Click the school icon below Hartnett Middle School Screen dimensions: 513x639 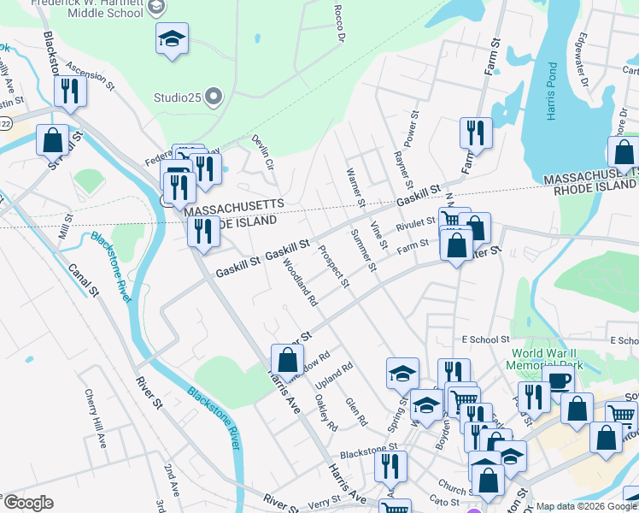point(173,38)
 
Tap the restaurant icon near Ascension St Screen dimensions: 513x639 point(70,91)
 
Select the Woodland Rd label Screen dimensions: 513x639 point(300,284)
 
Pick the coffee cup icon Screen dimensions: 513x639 point(558,381)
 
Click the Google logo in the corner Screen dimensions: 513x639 point(28,503)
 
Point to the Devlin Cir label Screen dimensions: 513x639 point(262,151)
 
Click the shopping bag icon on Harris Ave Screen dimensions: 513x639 point(287,359)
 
